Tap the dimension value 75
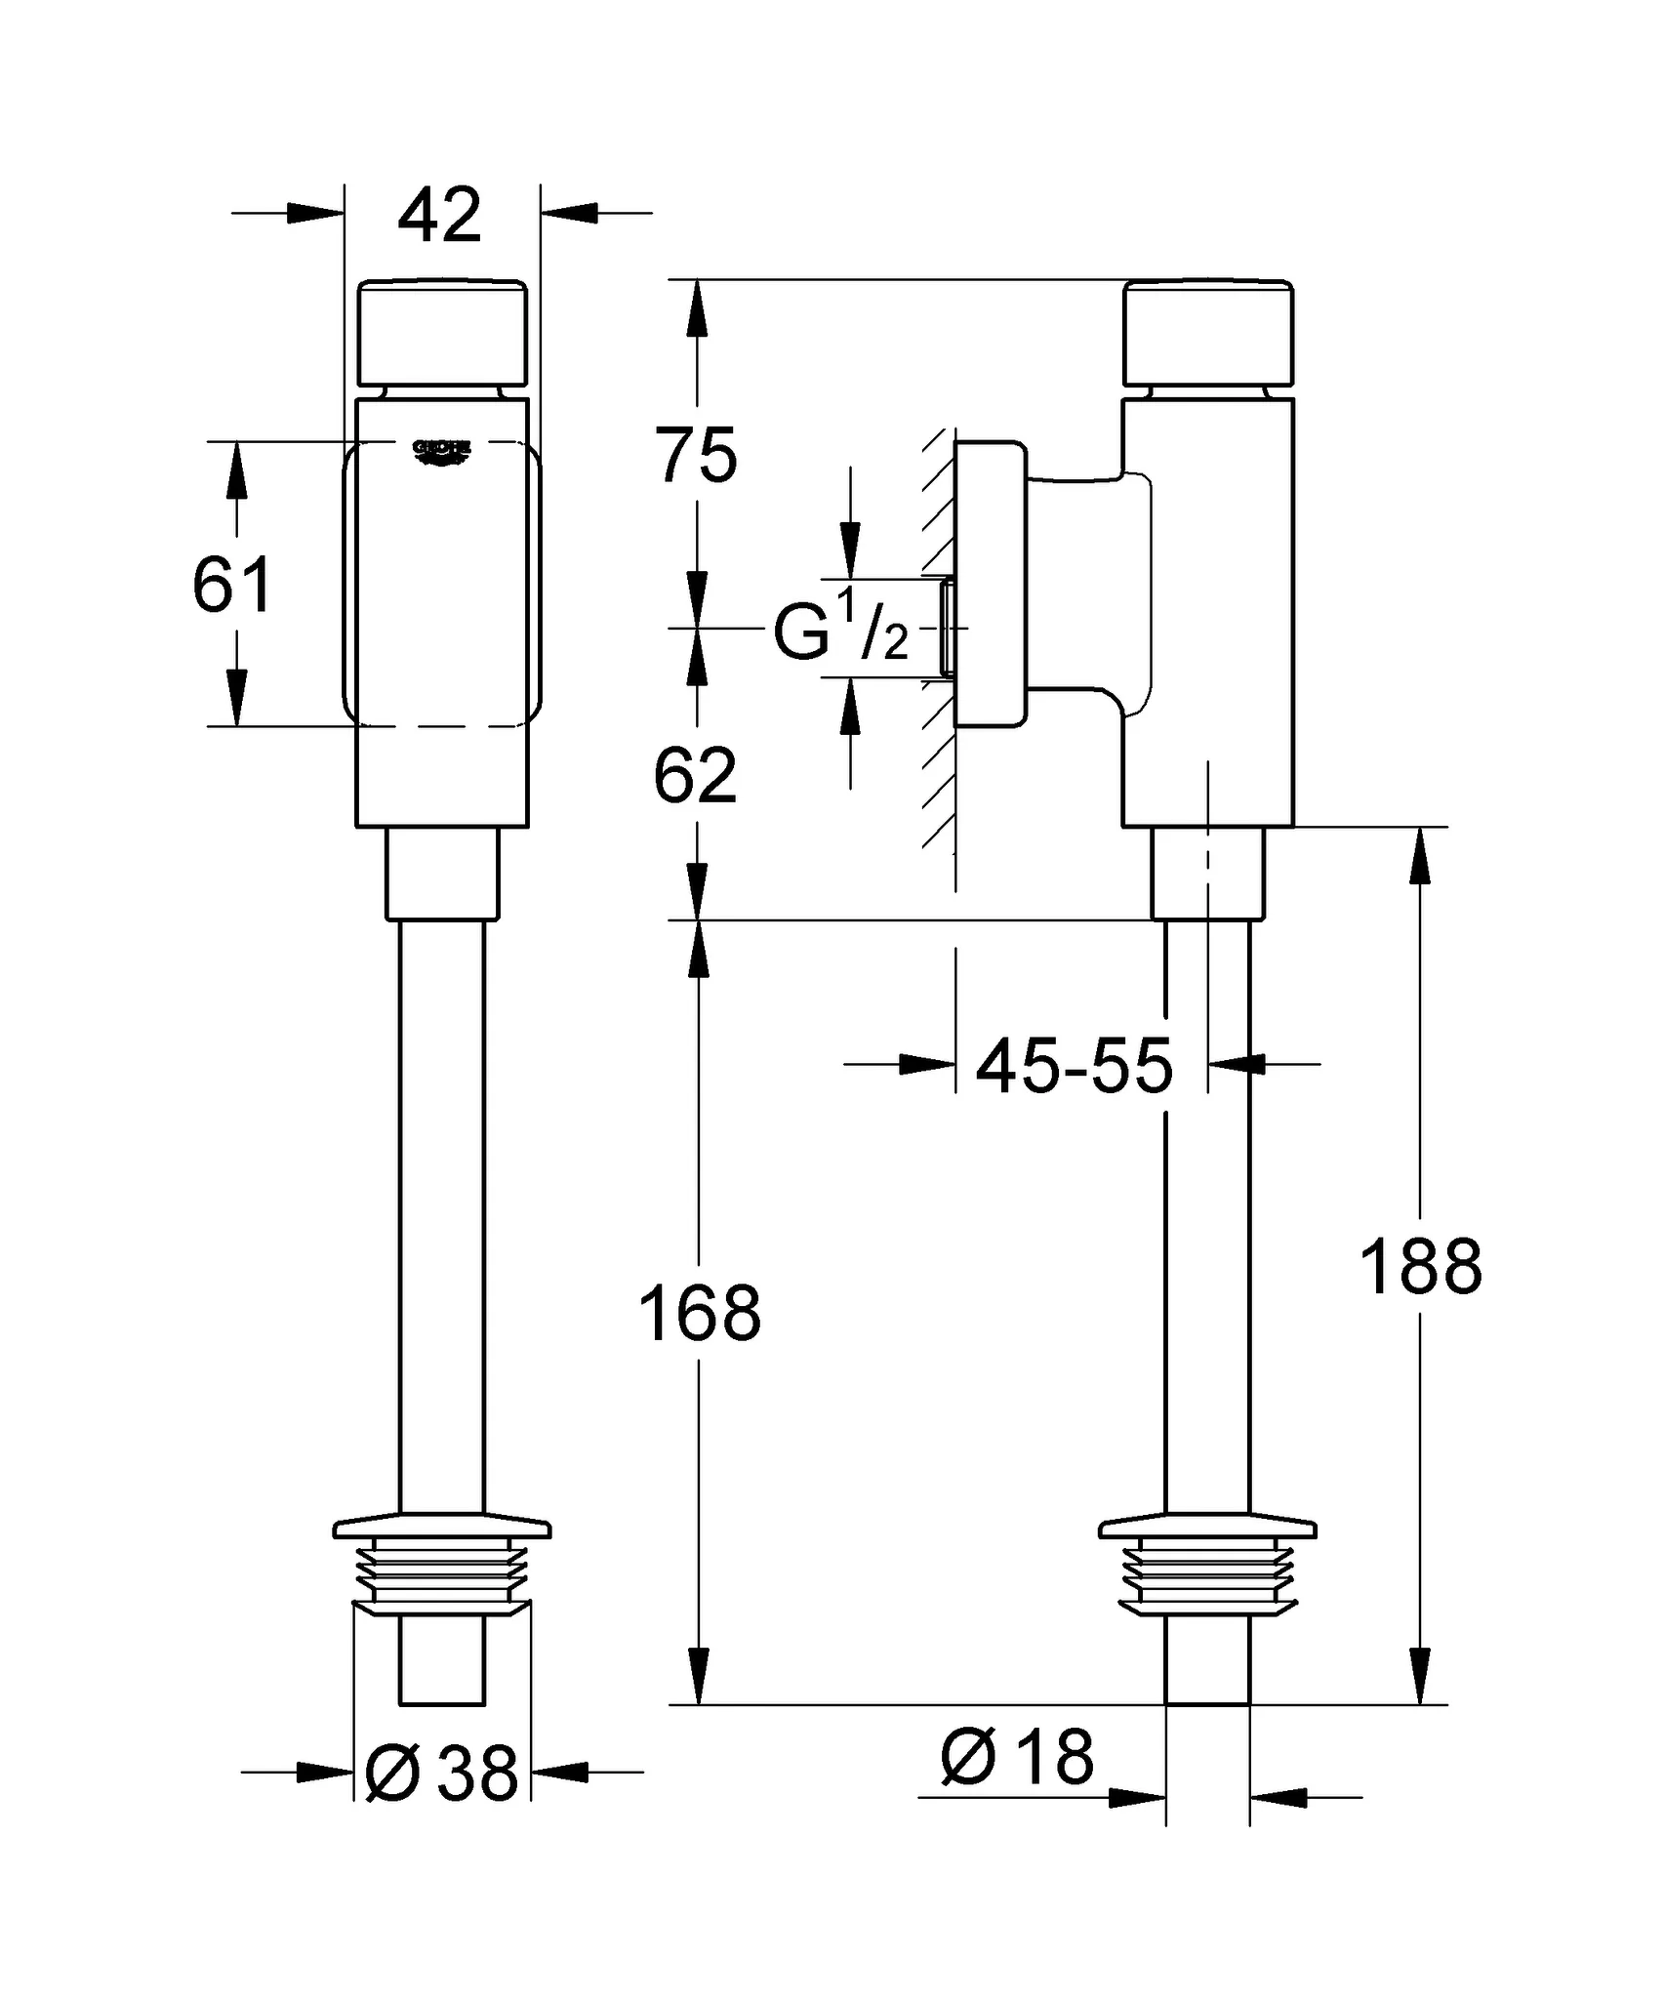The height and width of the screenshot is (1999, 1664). tap(695, 456)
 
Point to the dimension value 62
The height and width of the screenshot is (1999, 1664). tap(695, 777)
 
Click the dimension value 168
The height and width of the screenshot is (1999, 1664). tap(699, 1314)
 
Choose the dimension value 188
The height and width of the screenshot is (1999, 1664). tap(1420, 1268)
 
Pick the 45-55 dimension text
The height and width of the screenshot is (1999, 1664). tap(1074, 1066)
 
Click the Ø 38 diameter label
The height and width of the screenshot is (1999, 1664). tap(441, 1774)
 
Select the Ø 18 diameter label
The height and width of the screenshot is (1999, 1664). tap(1017, 1758)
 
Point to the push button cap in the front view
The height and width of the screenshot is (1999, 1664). tap(442, 334)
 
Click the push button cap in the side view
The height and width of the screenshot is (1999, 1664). tap(1208, 334)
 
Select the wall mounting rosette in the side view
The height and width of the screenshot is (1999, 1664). tap(990, 584)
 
